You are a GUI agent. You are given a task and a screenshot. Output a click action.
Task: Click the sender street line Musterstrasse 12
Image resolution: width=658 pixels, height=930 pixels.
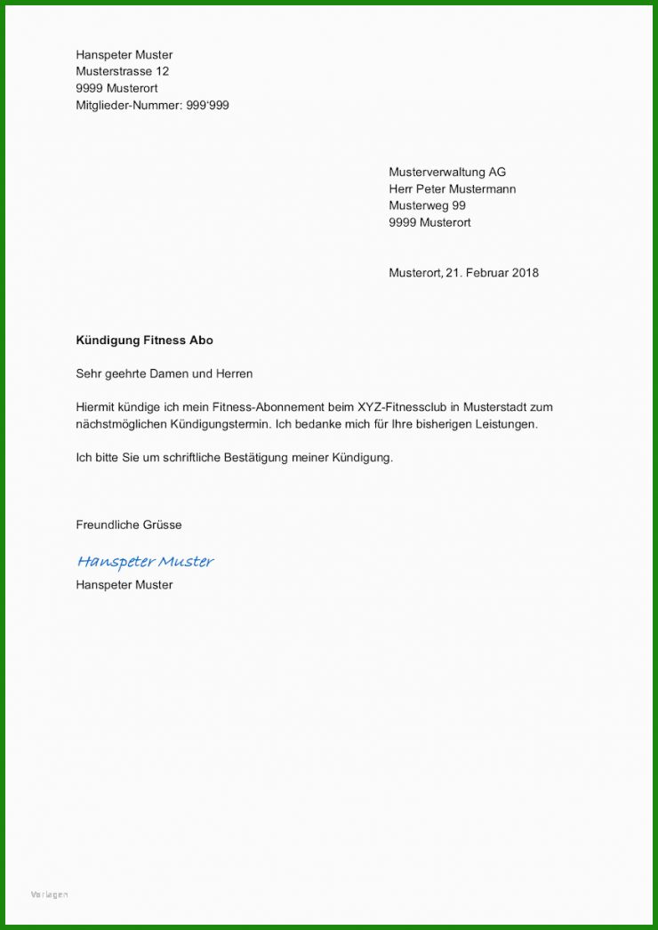point(122,71)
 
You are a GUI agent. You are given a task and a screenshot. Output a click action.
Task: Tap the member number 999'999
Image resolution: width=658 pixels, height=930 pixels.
point(207,105)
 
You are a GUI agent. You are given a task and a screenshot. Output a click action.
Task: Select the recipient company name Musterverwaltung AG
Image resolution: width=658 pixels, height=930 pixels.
point(447,172)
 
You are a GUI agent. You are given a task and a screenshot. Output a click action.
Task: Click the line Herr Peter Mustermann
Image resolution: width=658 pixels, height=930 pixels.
point(452,188)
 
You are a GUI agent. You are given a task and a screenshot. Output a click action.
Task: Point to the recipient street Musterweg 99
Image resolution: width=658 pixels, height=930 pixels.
point(427,205)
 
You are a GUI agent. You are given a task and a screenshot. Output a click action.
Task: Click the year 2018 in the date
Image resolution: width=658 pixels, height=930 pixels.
point(525,273)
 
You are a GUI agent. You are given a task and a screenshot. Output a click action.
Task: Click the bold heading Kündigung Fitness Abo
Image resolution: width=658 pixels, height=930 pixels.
point(144,341)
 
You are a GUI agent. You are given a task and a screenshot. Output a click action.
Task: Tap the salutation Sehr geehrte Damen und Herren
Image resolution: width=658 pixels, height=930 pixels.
point(164,374)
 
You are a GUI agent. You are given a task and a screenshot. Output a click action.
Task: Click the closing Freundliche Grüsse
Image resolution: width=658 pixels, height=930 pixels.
point(128,525)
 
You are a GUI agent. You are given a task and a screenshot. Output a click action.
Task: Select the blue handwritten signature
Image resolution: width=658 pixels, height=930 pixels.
point(145,561)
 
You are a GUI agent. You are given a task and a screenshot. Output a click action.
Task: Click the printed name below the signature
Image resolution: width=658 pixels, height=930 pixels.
point(124,584)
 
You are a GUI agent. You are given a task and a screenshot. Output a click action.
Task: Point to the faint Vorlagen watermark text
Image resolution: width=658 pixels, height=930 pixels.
point(49,894)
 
